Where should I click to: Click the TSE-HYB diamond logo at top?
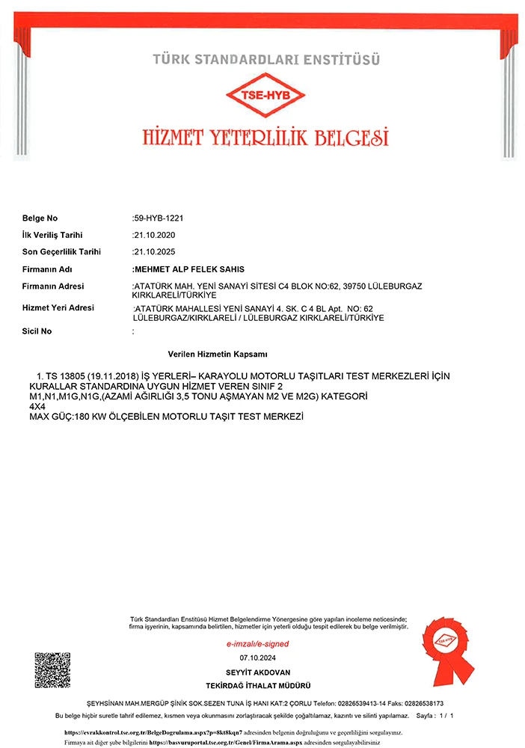265,96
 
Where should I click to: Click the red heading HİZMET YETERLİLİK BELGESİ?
265,137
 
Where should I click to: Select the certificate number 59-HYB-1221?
159,218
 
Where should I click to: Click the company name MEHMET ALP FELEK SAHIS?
188,269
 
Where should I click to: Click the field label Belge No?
40,218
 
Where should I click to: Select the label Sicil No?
37,331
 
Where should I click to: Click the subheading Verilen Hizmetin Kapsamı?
218,354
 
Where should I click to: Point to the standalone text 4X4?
37,405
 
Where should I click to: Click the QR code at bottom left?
52,671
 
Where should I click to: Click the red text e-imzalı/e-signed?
257,644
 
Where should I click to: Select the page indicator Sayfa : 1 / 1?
435,716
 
